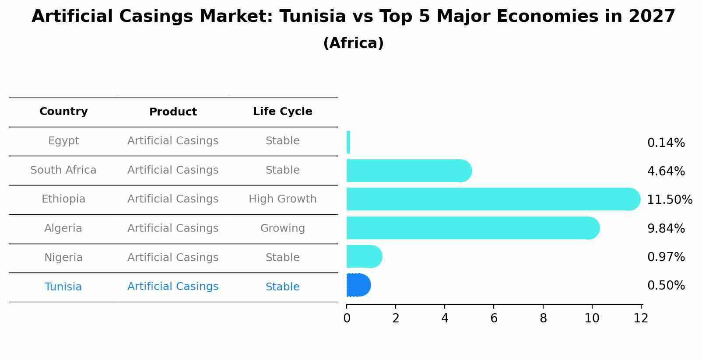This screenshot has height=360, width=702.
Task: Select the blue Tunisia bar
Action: [358, 285]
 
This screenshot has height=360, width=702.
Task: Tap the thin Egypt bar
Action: [348, 142]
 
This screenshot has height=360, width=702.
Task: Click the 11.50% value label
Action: [669, 200]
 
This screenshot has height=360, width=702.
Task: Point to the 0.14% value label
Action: [666, 143]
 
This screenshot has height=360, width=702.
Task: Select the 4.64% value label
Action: [666, 171]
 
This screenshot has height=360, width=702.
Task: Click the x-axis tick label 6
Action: [494, 318]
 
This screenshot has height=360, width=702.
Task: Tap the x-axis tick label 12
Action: [641, 318]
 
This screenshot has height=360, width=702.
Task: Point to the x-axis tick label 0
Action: [347, 318]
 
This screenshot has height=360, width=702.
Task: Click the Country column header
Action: [63, 112]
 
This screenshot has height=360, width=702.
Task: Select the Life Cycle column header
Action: [282, 112]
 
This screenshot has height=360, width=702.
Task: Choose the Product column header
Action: [173, 112]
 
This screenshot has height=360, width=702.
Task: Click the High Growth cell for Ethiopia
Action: [282, 199]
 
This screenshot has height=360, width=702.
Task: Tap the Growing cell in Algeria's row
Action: [282, 228]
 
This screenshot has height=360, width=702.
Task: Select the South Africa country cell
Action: [63, 170]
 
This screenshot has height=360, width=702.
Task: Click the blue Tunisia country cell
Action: [63, 287]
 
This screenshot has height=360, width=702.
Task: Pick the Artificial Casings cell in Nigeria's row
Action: [173, 258]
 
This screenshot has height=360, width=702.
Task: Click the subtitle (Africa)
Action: [353, 43]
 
